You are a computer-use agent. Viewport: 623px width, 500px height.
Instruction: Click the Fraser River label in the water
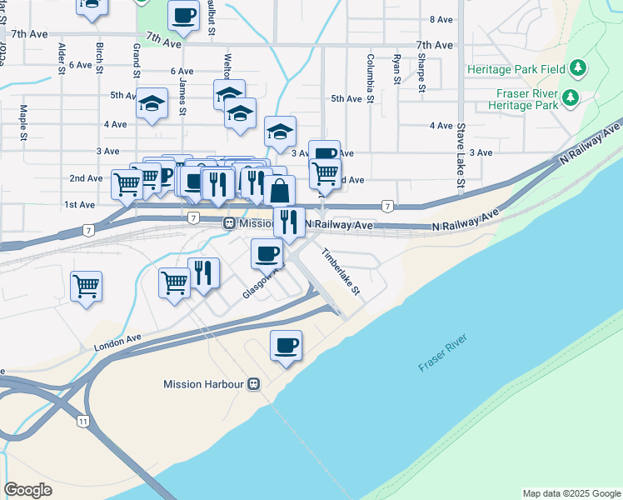pyautogui.click(x=443, y=352)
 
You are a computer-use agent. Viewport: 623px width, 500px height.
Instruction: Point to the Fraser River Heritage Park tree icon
pyautogui.click(x=571, y=97)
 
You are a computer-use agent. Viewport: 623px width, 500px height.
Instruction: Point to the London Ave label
pyautogui.click(x=117, y=342)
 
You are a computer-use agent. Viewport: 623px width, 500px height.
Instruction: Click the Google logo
pyautogui.click(x=27, y=490)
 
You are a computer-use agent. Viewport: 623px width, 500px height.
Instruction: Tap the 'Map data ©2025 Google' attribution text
pyautogui.click(x=571, y=493)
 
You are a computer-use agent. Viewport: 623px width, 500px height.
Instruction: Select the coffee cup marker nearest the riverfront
pyautogui.click(x=286, y=346)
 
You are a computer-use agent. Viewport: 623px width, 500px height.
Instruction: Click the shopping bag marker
pyautogui.click(x=282, y=191)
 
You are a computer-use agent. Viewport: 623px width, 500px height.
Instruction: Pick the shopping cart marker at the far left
pyautogui.click(x=87, y=287)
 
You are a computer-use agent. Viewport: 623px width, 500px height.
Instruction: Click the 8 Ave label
pyautogui.click(x=441, y=19)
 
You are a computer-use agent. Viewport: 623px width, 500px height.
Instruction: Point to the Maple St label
pyautogui.click(x=25, y=122)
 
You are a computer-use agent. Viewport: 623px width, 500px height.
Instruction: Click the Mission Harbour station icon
pyautogui.click(x=253, y=384)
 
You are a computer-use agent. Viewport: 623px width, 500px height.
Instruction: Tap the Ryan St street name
pyautogui.click(x=397, y=70)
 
